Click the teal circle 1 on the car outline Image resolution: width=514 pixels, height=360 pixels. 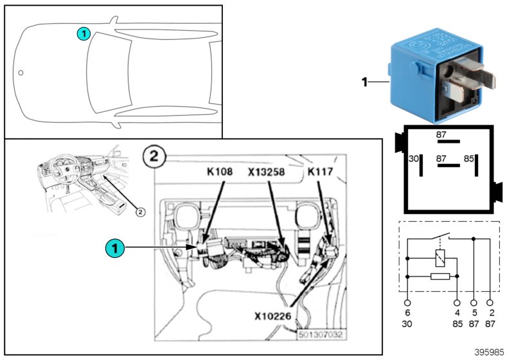pyautogui.click(x=84, y=33)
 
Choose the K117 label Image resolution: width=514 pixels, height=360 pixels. pyautogui.click(x=319, y=172)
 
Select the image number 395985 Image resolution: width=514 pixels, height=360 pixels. pyautogui.click(x=490, y=352)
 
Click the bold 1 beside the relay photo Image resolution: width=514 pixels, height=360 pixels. pyautogui.click(x=364, y=82)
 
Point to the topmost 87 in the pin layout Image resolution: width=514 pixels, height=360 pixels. pyautogui.click(x=441, y=135)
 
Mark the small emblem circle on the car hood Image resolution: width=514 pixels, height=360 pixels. pyautogui.click(x=21, y=73)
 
